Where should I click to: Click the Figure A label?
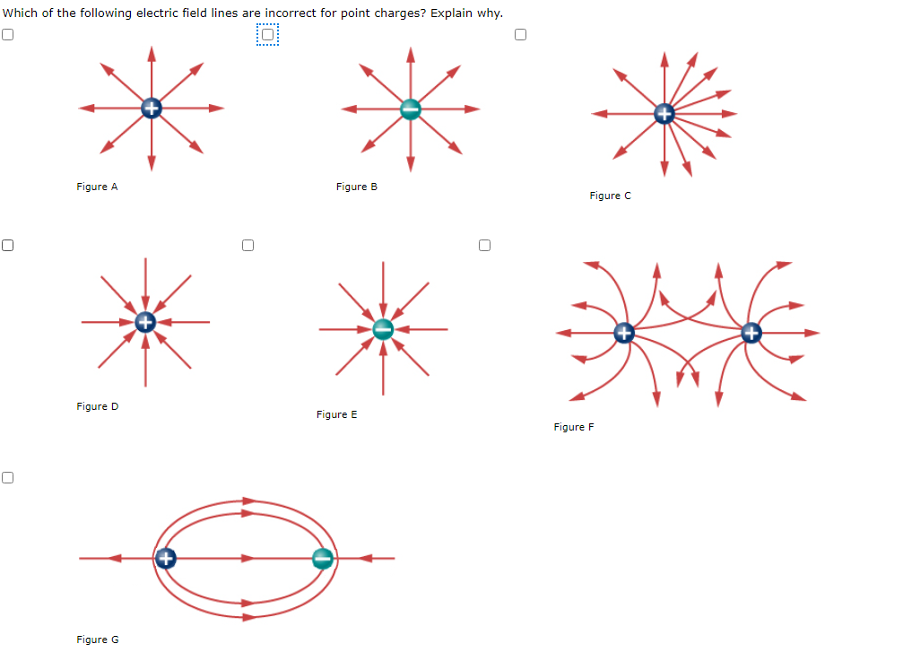(x=97, y=187)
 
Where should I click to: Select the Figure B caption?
(x=356, y=187)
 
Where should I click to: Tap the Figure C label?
(x=610, y=196)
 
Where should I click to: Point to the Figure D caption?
(x=97, y=406)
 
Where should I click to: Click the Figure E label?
(x=336, y=414)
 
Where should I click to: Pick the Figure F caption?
(x=574, y=427)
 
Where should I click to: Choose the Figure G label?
(x=97, y=640)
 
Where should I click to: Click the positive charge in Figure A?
(x=152, y=109)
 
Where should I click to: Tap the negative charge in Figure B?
(x=411, y=109)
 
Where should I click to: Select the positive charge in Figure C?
(x=664, y=114)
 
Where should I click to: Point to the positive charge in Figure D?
(x=145, y=321)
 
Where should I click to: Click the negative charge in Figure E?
(x=383, y=328)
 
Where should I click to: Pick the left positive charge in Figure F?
(x=624, y=334)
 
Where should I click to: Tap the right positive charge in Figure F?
(x=751, y=334)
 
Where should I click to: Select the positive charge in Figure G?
(x=165, y=559)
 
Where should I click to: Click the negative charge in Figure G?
(x=323, y=559)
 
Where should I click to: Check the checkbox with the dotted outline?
(x=267, y=35)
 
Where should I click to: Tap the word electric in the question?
(x=169, y=13)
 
